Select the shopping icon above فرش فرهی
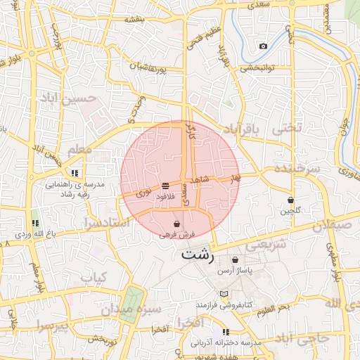click(176, 224)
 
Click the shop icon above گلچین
click(290, 200)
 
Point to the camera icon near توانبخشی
click(263, 46)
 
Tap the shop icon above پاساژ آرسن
click(235, 259)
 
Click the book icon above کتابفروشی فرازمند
click(224, 294)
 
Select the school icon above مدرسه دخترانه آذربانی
click(226, 331)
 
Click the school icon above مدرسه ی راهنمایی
click(75, 172)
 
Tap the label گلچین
click(290, 210)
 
